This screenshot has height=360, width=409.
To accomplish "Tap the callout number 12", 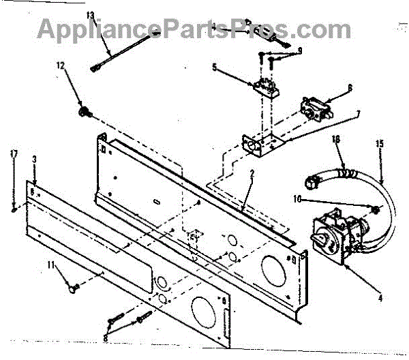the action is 59,65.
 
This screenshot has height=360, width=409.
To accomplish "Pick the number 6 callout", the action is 350,87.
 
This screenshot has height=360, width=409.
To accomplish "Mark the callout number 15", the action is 380,143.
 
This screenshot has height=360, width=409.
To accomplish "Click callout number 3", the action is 34,159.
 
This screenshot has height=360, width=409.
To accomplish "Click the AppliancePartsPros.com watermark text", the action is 194,29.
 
